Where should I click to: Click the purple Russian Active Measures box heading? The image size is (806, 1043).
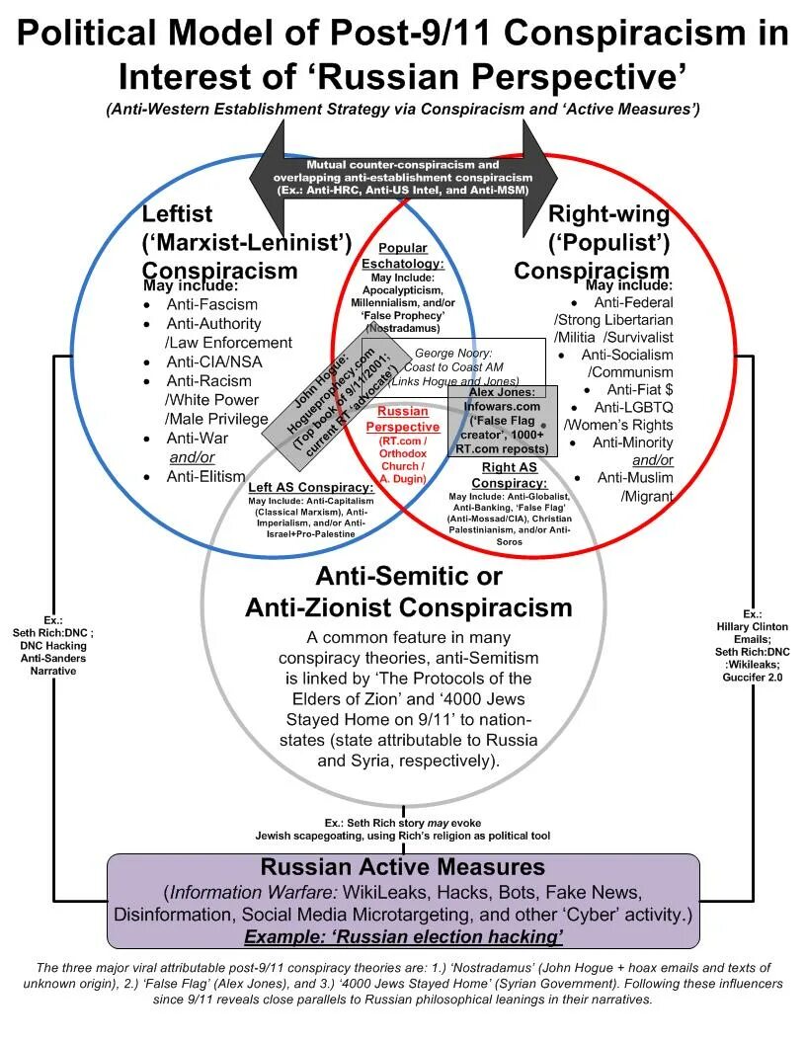[x=402, y=867]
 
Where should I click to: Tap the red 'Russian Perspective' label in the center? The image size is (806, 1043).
[x=402, y=419]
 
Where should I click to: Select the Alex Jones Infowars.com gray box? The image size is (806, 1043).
[x=503, y=421]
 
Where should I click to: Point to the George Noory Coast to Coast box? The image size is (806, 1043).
[x=453, y=366]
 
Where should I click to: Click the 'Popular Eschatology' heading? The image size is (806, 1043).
[x=402, y=256]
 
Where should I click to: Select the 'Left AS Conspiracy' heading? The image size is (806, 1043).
[x=311, y=488]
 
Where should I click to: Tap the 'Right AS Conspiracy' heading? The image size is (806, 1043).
[x=515, y=475]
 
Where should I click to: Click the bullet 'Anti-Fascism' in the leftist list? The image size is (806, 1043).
[x=211, y=304]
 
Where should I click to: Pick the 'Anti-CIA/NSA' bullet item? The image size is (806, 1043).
[x=213, y=361]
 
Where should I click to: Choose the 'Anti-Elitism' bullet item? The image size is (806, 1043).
[x=205, y=476]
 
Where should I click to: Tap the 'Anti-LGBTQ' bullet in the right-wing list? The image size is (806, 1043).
[x=633, y=407]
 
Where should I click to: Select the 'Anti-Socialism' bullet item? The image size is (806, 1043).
[x=627, y=355]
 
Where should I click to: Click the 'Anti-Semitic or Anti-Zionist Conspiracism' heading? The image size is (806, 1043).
[x=408, y=592]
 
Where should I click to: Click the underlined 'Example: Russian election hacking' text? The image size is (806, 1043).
[x=403, y=934]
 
